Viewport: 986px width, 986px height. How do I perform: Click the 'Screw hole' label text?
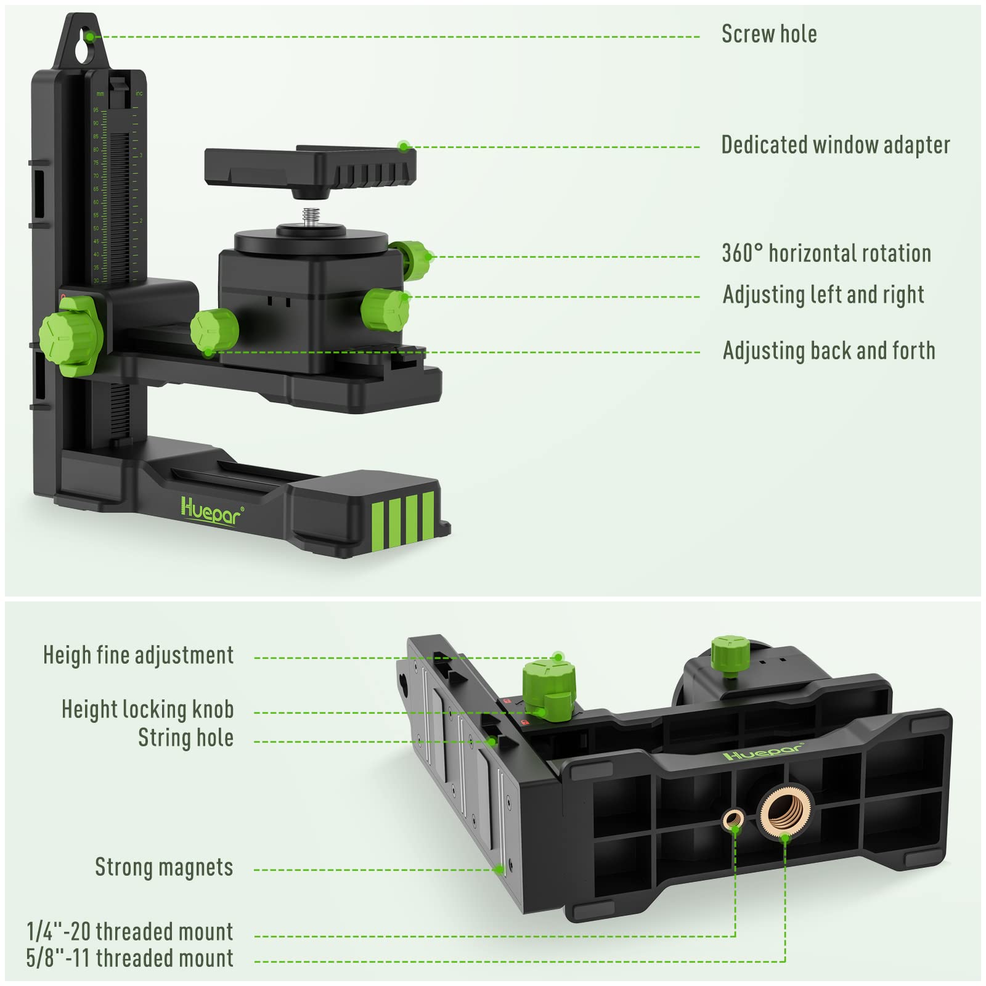coord(768,35)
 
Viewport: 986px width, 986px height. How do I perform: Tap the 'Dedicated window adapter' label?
coord(835,145)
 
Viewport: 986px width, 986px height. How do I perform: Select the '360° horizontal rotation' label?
coord(826,253)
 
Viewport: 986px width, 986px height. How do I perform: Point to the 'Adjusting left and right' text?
coord(823,295)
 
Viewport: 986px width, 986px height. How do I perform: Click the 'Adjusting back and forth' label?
coord(828,351)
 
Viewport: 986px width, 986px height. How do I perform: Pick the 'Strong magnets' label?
coord(164,867)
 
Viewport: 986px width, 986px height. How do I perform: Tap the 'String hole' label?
coord(185,738)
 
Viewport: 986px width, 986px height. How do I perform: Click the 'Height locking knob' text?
coord(147,709)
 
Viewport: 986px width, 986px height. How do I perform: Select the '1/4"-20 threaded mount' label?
coord(130,931)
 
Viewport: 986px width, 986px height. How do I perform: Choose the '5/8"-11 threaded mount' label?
coord(130,958)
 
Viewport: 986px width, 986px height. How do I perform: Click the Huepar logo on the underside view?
coord(762,752)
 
